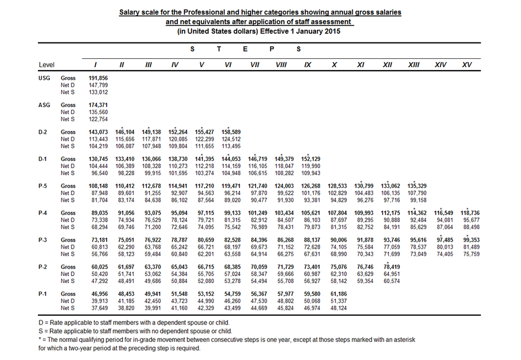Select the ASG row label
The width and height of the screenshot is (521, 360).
point(44,105)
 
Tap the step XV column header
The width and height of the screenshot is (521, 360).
point(467,64)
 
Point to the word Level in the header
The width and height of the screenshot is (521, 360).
point(46,65)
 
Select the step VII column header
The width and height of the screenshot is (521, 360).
point(254,64)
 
